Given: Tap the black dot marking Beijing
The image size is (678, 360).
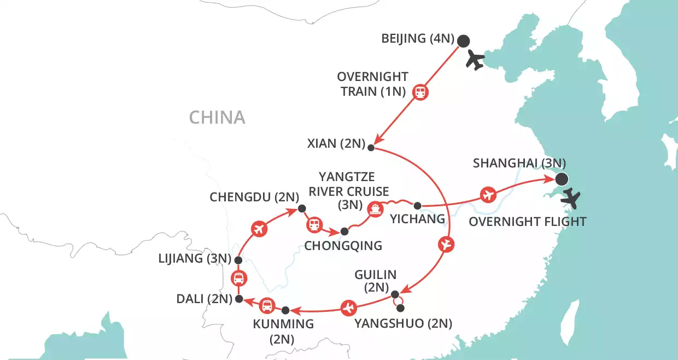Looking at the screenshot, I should (463, 40).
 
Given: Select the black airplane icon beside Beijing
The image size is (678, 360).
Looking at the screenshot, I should (476, 60).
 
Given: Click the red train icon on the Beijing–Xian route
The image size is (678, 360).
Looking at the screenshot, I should (420, 92).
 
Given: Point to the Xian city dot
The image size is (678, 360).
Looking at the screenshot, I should (371, 148).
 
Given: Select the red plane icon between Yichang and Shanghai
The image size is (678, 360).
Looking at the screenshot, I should (488, 194).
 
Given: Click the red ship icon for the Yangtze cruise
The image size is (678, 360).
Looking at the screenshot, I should (375, 209).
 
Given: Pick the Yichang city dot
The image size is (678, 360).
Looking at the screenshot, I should (417, 206).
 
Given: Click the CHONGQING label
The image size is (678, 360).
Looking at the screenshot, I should (343, 246).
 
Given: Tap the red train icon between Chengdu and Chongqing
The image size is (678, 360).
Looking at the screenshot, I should (314, 224).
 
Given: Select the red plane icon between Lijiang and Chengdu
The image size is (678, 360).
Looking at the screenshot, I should (259, 229).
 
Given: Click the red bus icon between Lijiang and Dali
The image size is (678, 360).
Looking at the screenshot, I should (238, 278).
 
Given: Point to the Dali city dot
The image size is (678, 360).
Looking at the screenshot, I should (238, 299).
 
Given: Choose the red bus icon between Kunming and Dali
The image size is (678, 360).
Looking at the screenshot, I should (266, 305).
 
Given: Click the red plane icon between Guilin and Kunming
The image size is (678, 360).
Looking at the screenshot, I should (348, 309).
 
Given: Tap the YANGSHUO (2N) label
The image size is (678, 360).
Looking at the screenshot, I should (403, 323).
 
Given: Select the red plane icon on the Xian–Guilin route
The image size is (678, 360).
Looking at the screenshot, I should (447, 245).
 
